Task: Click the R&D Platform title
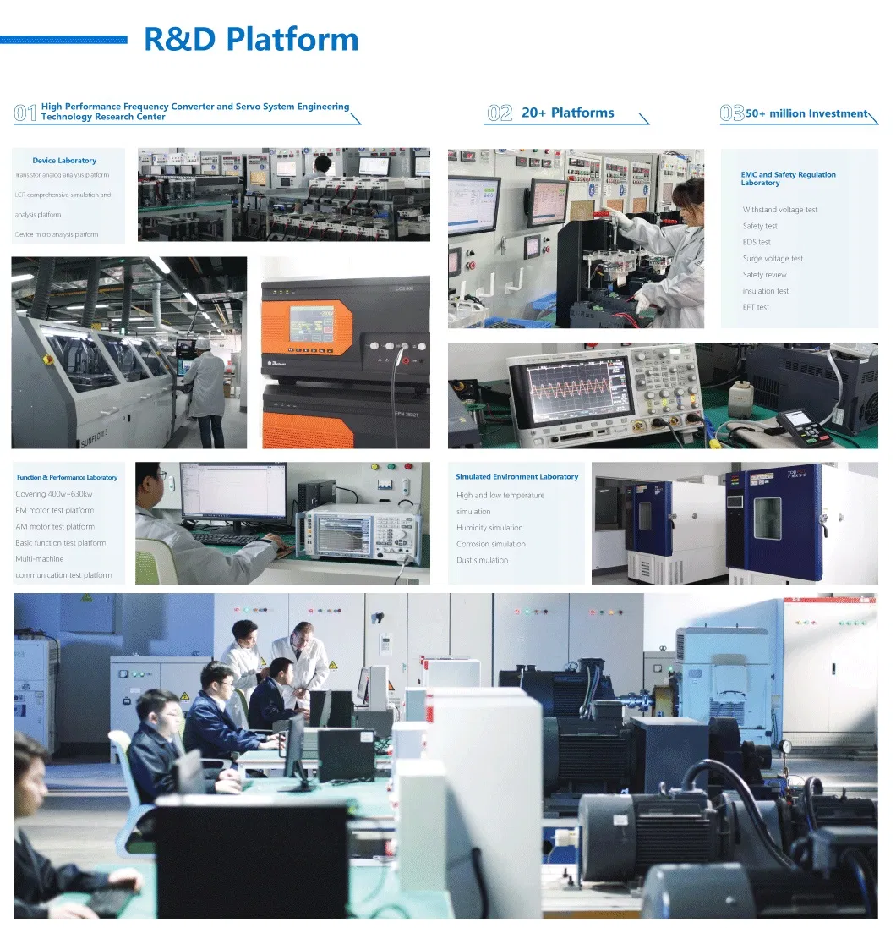(251, 40)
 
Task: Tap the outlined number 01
(25, 113)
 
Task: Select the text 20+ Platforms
(567, 113)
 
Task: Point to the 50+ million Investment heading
(806, 113)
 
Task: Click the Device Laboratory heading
(64, 161)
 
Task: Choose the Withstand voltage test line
(779, 210)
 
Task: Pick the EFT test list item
(756, 307)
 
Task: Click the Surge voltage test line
(773, 259)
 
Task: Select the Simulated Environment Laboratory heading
(516, 477)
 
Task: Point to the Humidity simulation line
(489, 528)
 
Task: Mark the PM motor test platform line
(54, 510)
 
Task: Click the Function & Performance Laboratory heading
(67, 478)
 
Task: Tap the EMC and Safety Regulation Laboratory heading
(788, 178)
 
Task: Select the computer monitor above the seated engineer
(233, 492)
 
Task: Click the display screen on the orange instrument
(312, 324)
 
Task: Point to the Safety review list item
(764, 275)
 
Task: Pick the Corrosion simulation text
(490, 544)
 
